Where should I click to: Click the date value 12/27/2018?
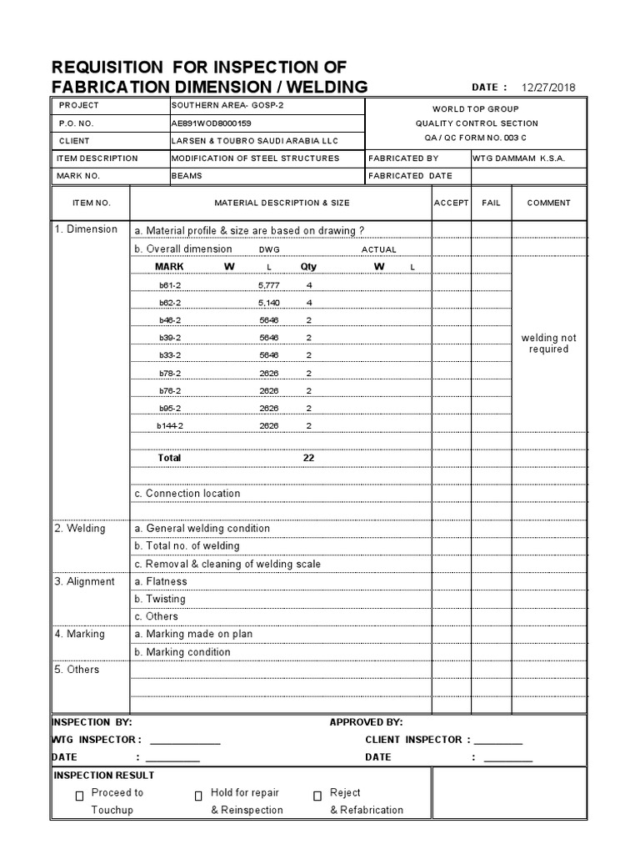pyautogui.click(x=548, y=88)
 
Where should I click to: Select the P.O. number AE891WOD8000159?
pyautogui.click(x=211, y=123)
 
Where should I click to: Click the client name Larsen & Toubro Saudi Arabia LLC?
pyautogui.click(x=255, y=141)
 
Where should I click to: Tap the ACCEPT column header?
pyautogui.click(x=452, y=203)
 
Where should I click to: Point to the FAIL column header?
pyautogui.click(x=492, y=203)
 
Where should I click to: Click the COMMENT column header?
pyautogui.click(x=548, y=203)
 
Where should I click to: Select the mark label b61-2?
pyautogui.click(x=170, y=285)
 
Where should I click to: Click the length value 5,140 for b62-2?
pyautogui.click(x=268, y=303)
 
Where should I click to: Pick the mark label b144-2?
pyautogui.click(x=170, y=425)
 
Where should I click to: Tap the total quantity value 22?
pyautogui.click(x=308, y=458)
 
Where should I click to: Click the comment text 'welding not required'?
pyautogui.click(x=548, y=344)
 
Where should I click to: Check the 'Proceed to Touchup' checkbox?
pyautogui.click(x=79, y=796)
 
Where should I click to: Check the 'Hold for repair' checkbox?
pyautogui.click(x=198, y=796)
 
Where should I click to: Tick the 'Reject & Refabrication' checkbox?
pyautogui.click(x=317, y=796)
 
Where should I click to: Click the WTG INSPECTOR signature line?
pyautogui.click(x=185, y=741)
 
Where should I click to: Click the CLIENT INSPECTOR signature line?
pyautogui.click(x=498, y=741)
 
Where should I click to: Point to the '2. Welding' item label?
pyautogui.click(x=80, y=528)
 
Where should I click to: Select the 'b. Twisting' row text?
pyautogui.click(x=160, y=599)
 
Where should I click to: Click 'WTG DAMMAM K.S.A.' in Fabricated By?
pyautogui.click(x=518, y=158)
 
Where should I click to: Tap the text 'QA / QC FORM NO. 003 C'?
pyautogui.click(x=475, y=137)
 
